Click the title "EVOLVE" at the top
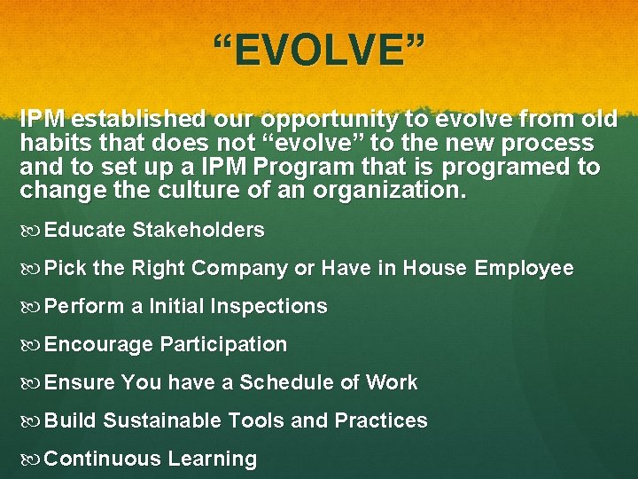point(319,51)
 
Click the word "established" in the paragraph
point(132,120)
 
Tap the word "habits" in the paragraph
point(51,144)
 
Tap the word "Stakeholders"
point(198,231)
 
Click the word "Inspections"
point(267,307)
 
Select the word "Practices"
point(381,421)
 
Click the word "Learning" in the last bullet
point(216,459)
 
